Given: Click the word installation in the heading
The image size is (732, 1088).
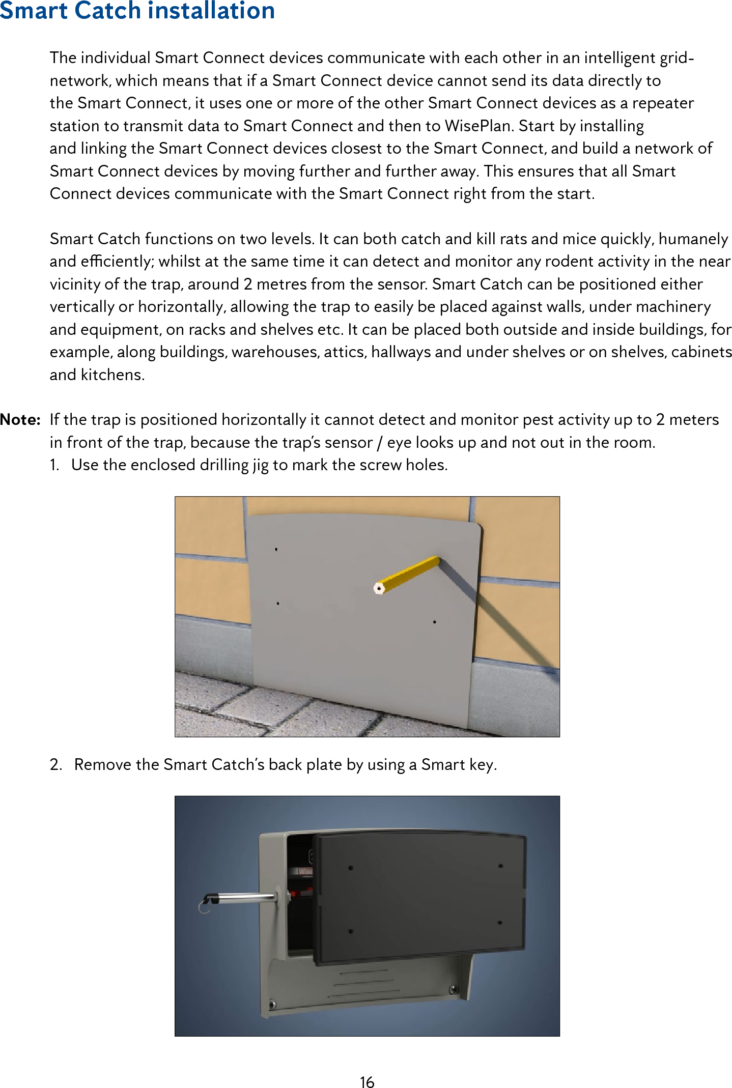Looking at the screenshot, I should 211,11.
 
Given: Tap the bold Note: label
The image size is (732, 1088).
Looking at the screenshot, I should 20,420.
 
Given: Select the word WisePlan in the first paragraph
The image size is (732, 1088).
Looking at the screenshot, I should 479,126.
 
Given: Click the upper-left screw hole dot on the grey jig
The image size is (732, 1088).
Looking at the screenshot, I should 276,550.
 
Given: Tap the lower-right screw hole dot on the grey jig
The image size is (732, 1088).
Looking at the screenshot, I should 434,622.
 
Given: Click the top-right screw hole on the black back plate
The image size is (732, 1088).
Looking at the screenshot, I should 500,866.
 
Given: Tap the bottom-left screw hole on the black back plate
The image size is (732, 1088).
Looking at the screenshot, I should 351,931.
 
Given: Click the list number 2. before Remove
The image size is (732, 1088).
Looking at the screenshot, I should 56,765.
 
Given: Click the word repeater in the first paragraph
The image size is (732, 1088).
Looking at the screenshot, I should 663,103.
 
